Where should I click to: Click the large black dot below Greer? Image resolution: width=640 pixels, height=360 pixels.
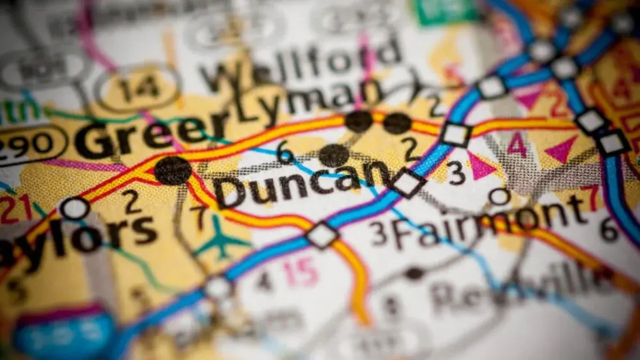173,171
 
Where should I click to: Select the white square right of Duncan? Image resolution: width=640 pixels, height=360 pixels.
409,182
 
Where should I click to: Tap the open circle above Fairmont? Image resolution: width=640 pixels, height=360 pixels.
500,196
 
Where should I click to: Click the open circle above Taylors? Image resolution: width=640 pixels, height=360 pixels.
75,208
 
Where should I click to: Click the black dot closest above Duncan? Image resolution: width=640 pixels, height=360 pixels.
334,155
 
